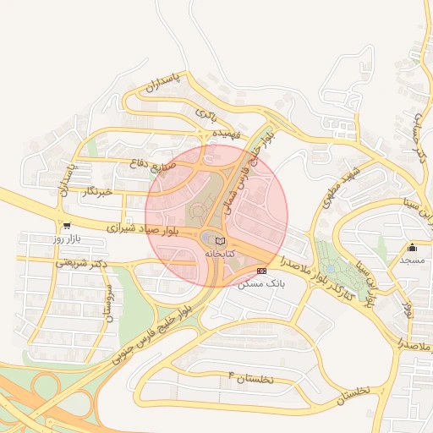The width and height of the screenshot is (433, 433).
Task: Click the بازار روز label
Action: click(x=66, y=240)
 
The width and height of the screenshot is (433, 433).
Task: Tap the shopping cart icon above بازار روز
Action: click(x=66, y=226)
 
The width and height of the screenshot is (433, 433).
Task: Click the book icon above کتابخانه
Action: click(x=209, y=241)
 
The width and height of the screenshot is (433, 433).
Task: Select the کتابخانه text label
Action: click(x=210, y=254)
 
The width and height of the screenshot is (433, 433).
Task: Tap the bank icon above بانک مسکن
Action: click(x=261, y=270)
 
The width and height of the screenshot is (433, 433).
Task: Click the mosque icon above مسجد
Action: click(x=412, y=248)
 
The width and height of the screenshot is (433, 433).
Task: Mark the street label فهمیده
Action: click(x=227, y=134)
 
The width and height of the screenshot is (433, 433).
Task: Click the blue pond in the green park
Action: click(x=332, y=267)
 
